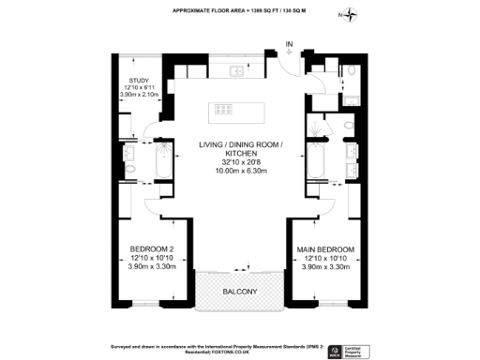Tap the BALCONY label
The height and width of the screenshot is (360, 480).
point(240,292)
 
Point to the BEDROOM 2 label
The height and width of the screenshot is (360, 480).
point(151,248)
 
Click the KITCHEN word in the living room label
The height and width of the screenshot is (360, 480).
point(240,153)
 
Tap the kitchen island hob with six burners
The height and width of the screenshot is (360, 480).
point(226,109)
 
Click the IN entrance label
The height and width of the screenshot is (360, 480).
point(290,43)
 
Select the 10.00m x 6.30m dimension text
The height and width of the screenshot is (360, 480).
point(240,171)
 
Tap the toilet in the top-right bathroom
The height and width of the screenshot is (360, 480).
point(351,71)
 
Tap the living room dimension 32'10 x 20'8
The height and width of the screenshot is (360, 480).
point(240,161)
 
